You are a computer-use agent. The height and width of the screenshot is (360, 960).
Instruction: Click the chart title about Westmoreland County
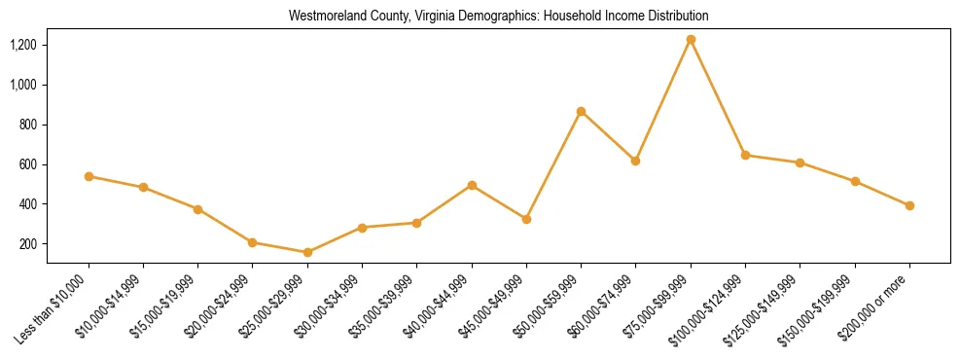tap(498, 17)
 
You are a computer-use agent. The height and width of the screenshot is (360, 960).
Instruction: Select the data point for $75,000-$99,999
tap(691, 40)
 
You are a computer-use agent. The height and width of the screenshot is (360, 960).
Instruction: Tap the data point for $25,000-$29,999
tap(307, 252)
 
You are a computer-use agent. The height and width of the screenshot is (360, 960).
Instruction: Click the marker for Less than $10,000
tap(89, 176)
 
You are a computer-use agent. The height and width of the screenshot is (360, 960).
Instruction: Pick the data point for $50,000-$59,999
tap(581, 112)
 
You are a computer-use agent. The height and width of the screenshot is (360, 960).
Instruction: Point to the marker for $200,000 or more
tap(909, 205)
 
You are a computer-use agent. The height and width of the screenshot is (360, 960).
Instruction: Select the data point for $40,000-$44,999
tap(472, 185)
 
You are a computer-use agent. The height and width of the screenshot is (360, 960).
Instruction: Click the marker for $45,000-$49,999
tap(526, 219)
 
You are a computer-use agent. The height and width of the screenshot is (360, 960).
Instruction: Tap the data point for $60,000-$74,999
tap(635, 161)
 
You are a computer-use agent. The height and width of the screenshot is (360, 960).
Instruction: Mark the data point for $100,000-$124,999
tap(745, 155)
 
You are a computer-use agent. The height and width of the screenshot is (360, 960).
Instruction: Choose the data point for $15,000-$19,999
tap(197, 209)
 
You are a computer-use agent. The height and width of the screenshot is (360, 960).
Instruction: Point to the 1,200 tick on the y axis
tap(23, 45)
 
